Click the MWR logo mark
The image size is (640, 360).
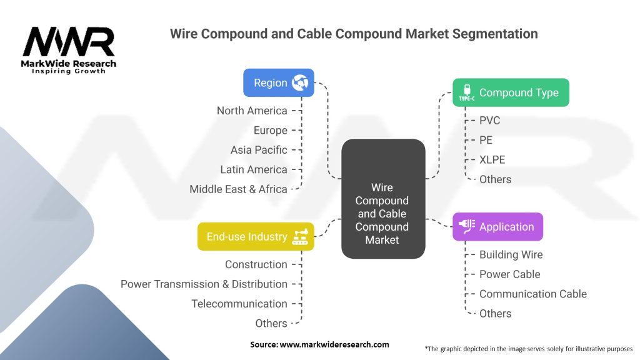click(x=69, y=42)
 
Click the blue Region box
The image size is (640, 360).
click(x=279, y=83)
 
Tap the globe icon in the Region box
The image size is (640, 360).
click(x=300, y=83)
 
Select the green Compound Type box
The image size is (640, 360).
click(x=511, y=92)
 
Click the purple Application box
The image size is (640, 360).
click(x=498, y=226)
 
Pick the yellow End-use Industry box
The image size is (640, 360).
click(x=256, y=236)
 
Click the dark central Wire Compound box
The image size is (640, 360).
click(x=383, y=199)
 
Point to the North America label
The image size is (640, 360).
click(x=252, y=111)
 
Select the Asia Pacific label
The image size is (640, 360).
click(x=259, y=150)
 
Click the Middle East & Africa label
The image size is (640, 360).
click(x=238, y=189)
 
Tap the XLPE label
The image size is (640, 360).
click(x=492, y=159)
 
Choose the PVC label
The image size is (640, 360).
click(x=489, y=121)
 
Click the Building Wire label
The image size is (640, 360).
click(x=511, y=255)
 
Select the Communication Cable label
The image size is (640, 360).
click(x=533, y=294)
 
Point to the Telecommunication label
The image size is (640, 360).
click(x=239, y=304)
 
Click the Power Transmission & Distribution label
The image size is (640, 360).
click(x=204, y=284)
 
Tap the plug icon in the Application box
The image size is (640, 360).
click(x=466, y=226)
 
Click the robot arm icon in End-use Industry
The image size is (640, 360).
click(x=300, y=236)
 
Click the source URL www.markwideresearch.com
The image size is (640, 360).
click(x=334, y=344)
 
